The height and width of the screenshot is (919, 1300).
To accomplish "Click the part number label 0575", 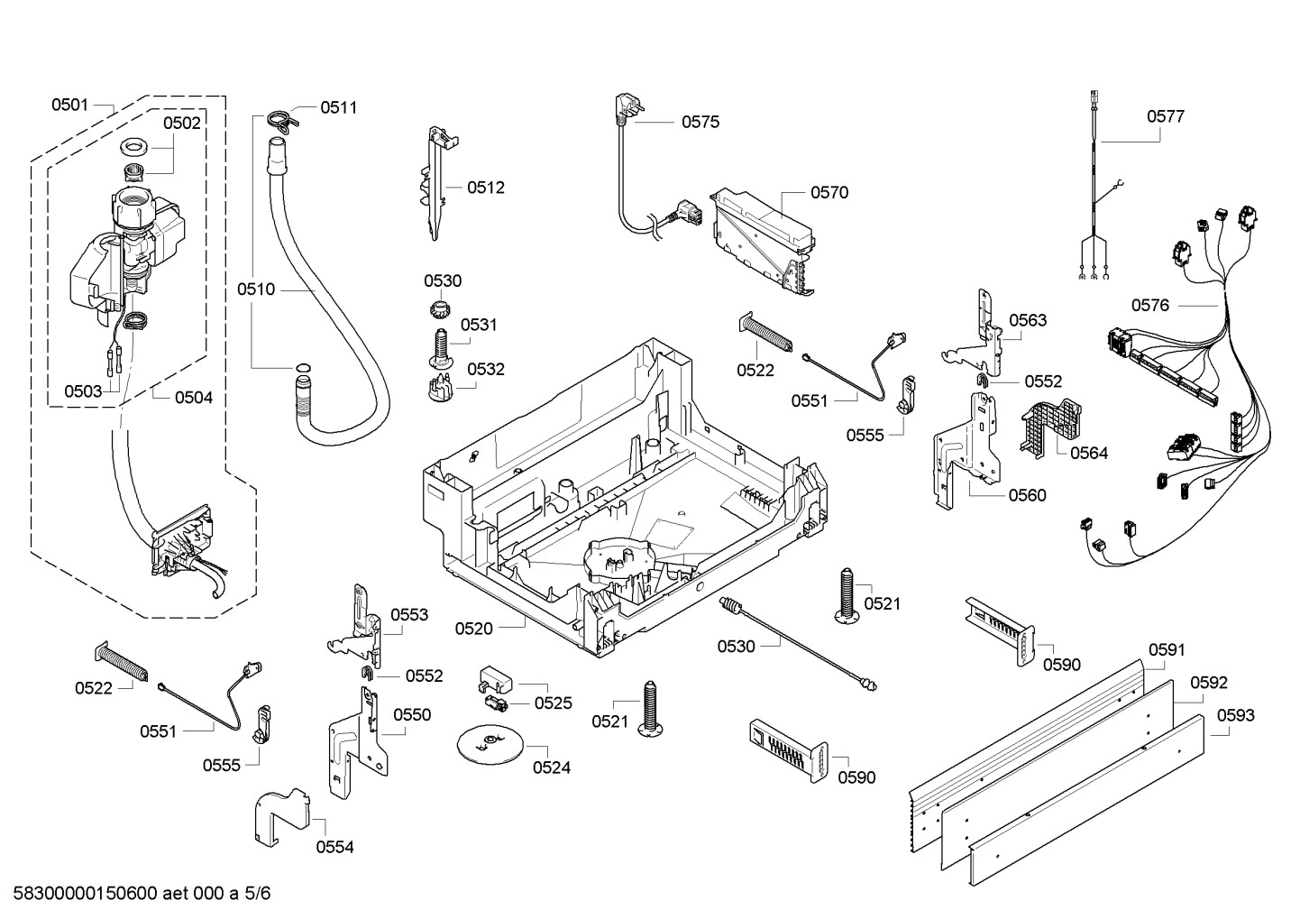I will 700,122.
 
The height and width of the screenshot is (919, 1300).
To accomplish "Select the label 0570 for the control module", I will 829,192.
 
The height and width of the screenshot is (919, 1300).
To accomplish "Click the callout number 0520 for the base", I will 473,629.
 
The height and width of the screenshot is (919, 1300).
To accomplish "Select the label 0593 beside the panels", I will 1235,715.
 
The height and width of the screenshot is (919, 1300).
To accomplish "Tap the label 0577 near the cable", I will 1165,116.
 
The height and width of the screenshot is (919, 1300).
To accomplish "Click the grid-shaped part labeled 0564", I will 1049,424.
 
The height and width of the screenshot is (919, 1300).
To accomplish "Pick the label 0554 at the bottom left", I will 334,847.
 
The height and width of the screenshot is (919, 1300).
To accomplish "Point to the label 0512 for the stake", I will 485,188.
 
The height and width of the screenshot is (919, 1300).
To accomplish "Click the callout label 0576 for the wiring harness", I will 1149,305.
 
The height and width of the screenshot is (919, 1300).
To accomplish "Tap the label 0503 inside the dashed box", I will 82,391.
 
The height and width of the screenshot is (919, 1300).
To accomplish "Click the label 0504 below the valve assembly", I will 193,397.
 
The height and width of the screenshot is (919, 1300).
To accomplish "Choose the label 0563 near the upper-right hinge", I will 1027,320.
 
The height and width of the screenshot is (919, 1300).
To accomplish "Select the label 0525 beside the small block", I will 553,703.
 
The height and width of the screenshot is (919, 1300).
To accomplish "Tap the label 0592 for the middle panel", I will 1208,683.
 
